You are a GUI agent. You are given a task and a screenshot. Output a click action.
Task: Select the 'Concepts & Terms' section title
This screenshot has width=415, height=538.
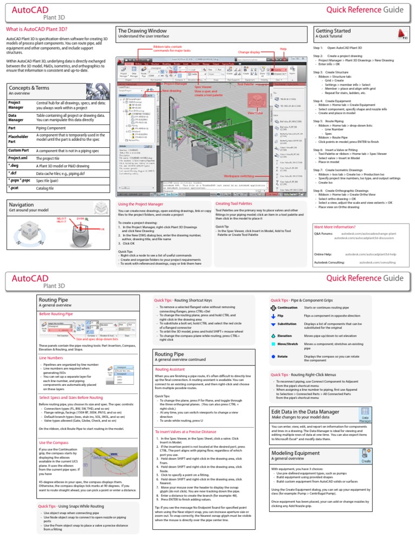[28, 87]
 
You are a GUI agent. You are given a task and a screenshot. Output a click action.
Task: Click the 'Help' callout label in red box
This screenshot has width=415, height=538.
[283, 48]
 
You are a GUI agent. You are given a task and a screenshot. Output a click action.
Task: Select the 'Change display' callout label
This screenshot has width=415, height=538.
[249, 53]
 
